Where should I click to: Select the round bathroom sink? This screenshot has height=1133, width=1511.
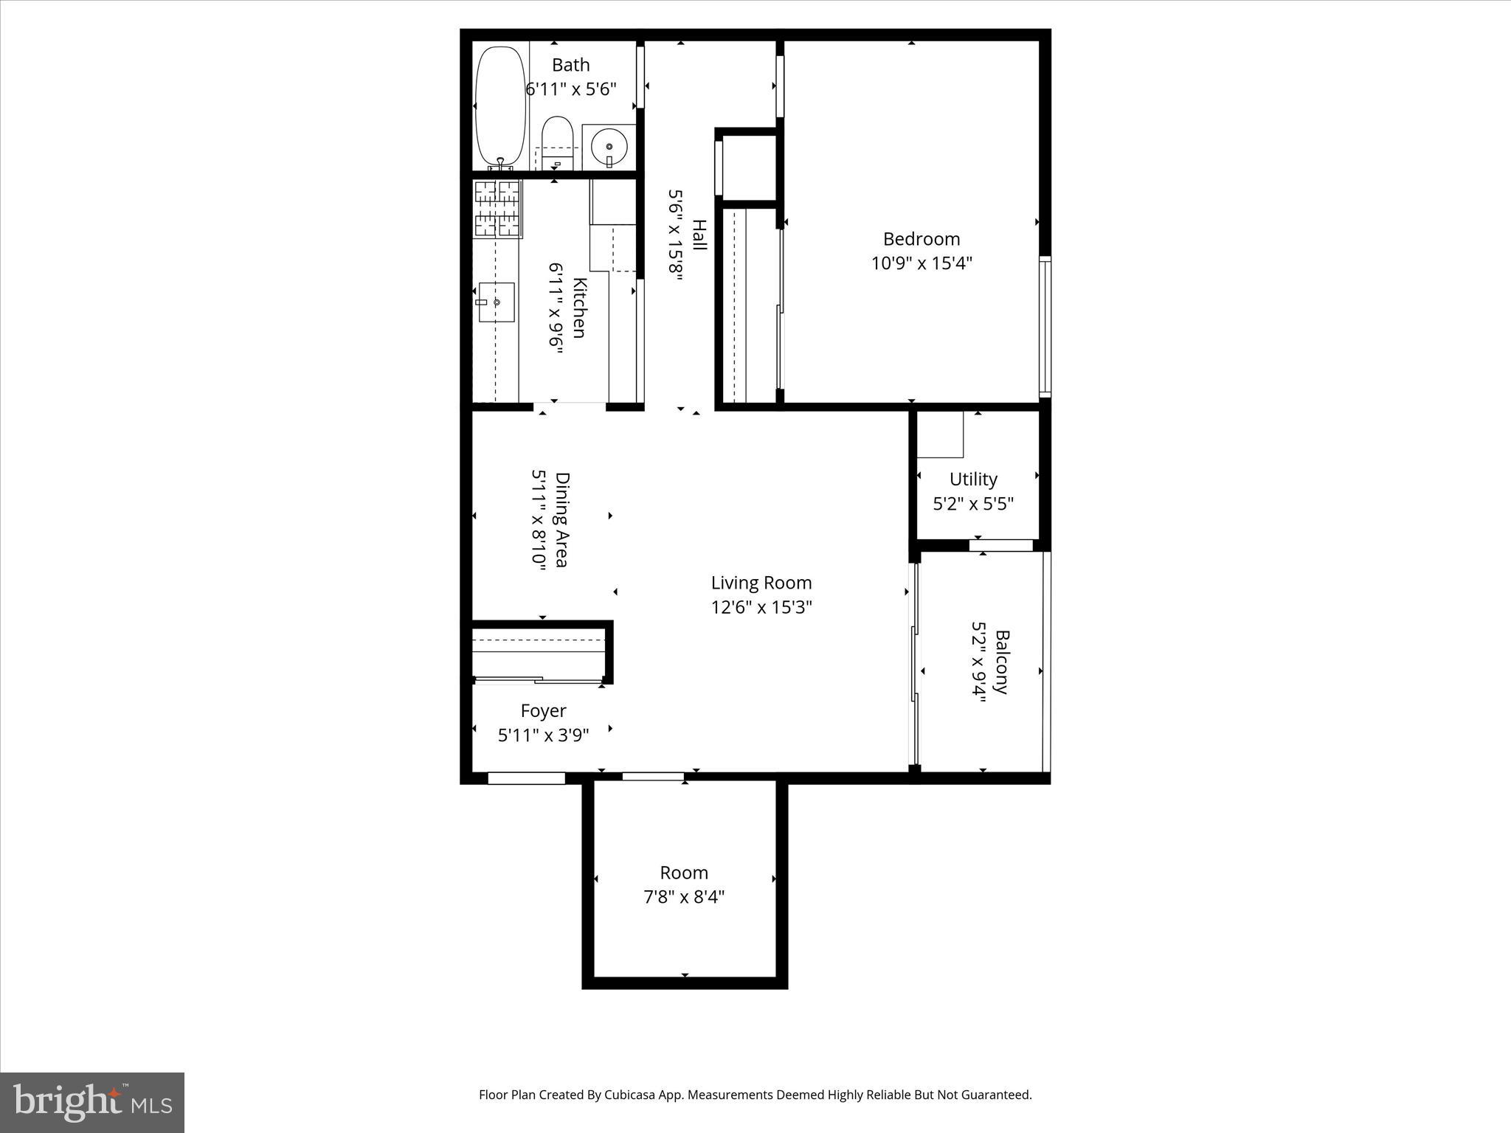pyautogui.click(x=609, y=145)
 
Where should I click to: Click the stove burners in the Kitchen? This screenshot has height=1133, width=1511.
pyautogui.click(x=497, y=209)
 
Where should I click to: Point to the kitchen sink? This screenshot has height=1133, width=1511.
pyautogui.click(x=496, y=302)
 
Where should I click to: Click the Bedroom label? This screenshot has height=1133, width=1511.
pyautogui.click(x=922, y=239)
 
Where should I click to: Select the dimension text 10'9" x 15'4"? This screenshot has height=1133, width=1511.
pyautogui.click(x=922, y=263)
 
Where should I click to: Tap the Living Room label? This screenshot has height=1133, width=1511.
pyautogui.click(x=761, y=583)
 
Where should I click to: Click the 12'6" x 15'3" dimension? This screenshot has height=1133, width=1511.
pyautogui.click(x=761, y=607)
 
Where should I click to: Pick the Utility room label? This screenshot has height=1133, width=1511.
pyautogui.click(x=973, y=479)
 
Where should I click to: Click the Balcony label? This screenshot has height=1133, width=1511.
pyautogui.click(x=1001, y=662)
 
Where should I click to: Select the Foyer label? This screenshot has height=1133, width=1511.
pyautogui.click(x=543, y=711)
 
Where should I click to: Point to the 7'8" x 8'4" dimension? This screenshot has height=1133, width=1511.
pyautogui.click(x=684, y=897)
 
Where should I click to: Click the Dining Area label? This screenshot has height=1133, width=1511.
pyautogui.click(x=562, y=520)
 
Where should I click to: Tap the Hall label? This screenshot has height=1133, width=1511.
pyautogui.click(x=699, y=235)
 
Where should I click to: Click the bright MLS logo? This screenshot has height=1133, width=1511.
pyautogui.click(x=92, y=1101)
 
